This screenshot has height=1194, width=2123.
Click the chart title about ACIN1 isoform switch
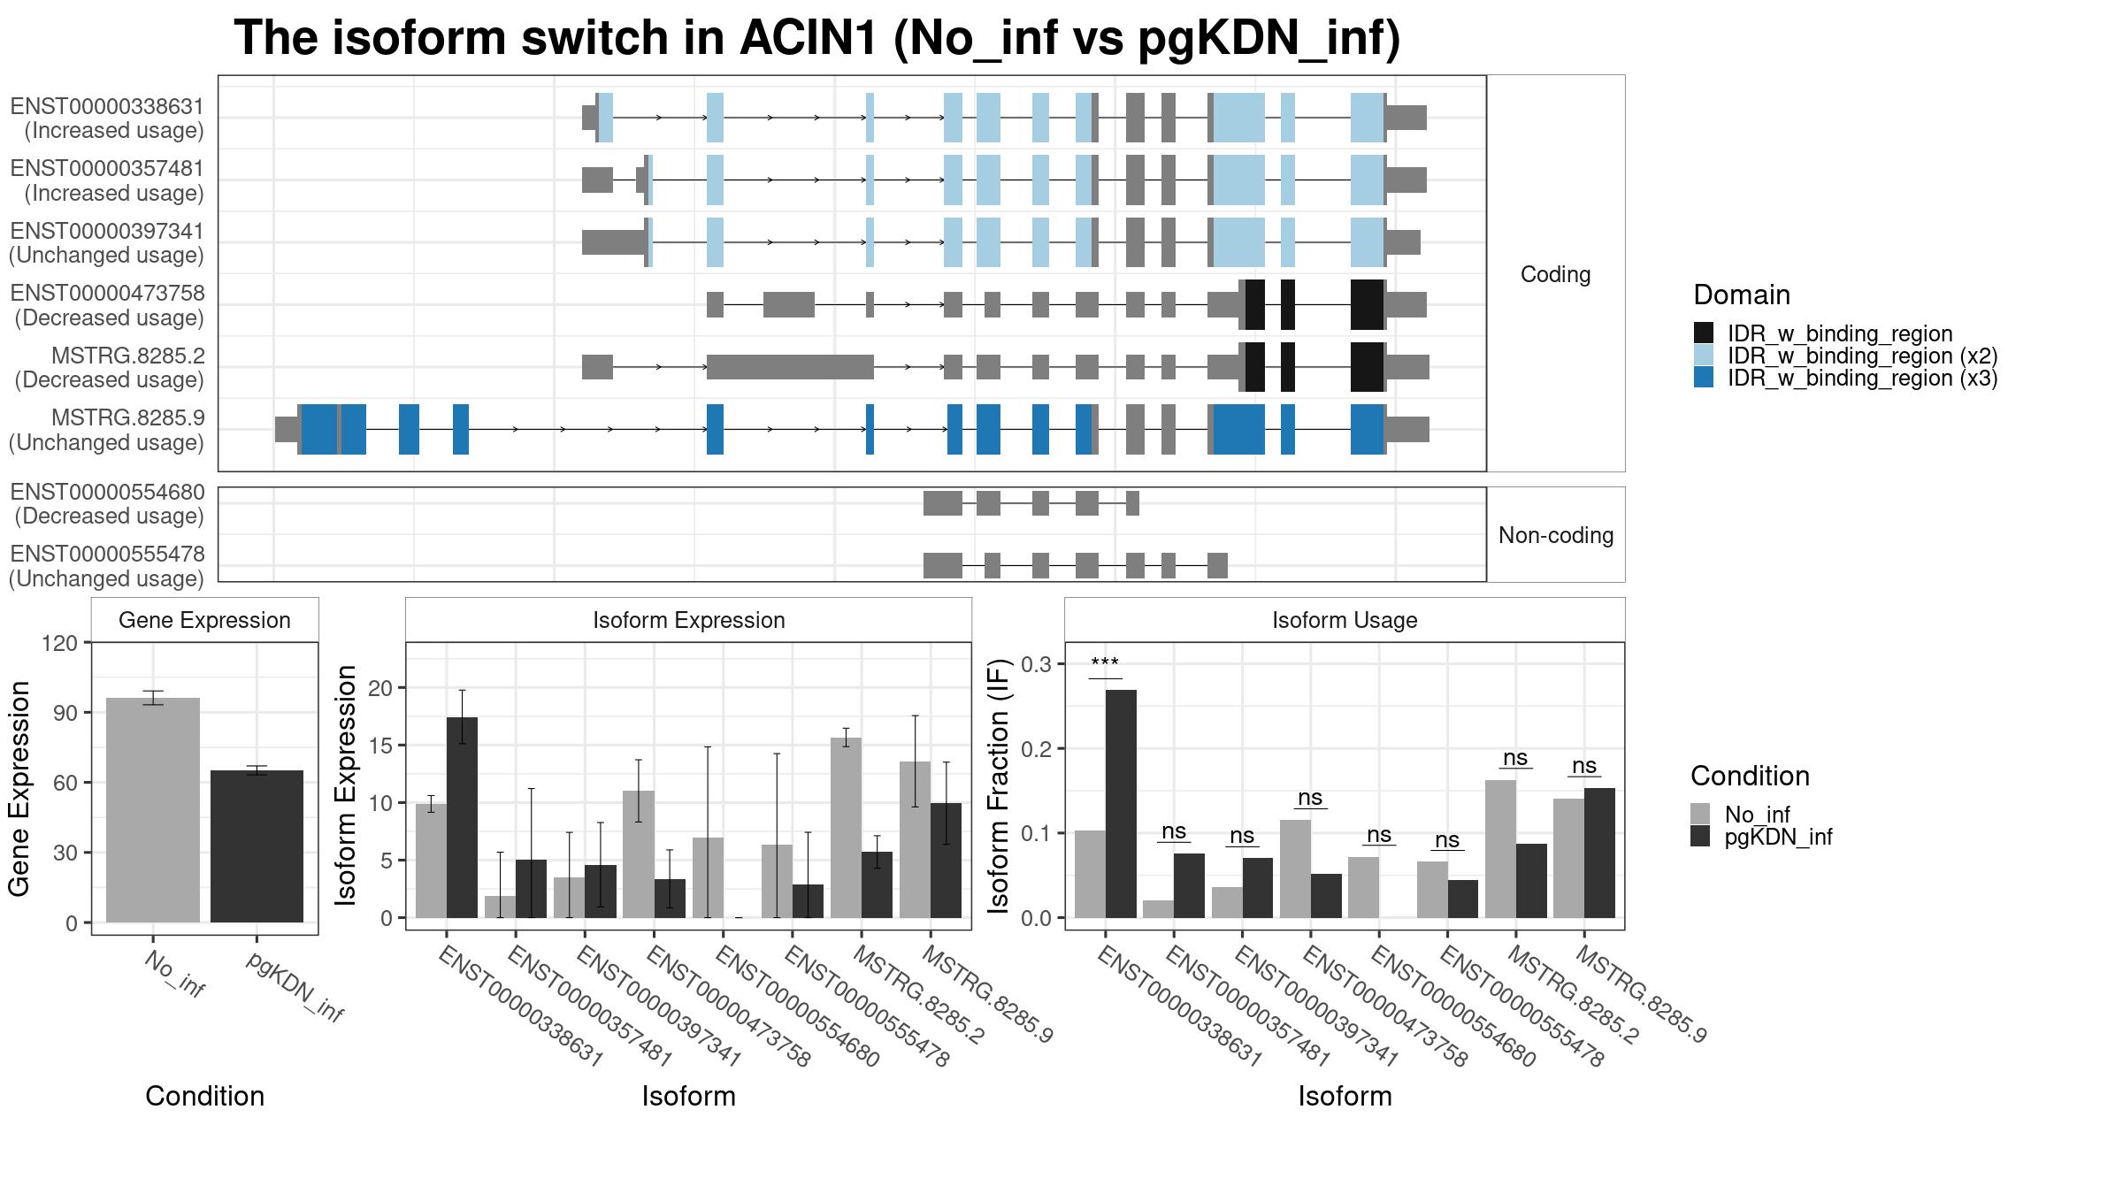816,39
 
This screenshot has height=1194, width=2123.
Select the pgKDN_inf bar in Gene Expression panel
257,846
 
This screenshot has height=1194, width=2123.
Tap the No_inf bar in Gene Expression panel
153,810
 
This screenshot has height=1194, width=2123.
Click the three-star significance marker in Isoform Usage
1105,663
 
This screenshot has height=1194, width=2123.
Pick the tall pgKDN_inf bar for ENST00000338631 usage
1121,804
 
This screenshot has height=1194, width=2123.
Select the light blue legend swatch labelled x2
1704,356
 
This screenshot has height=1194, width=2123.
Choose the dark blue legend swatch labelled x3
1704,378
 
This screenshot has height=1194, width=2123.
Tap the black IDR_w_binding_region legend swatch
1704,333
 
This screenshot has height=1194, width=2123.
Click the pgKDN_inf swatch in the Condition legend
1700,837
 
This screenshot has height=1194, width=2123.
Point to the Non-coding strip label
1556,535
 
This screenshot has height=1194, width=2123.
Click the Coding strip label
1556,274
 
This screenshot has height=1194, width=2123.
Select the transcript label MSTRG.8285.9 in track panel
127,417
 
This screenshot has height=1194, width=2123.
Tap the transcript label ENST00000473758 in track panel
107,293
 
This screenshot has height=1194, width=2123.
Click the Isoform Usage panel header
1345,620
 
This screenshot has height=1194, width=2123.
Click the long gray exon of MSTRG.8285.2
790,367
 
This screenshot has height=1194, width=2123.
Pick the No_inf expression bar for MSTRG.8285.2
847,828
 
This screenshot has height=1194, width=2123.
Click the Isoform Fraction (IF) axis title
999,785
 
